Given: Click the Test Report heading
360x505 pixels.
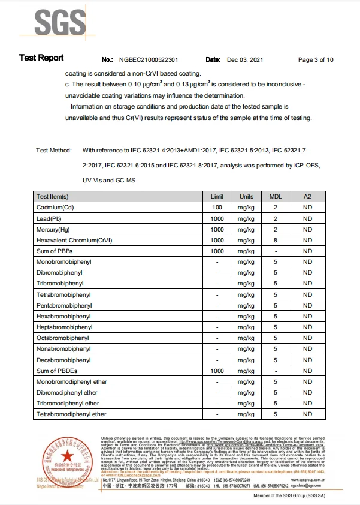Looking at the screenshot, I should (41, 58).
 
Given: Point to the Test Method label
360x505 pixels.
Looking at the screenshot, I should (54, 150).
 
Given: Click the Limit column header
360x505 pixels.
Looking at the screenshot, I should (217, 196).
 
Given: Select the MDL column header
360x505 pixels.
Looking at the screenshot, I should (276, 196).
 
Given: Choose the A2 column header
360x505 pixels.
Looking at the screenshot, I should (307, 196).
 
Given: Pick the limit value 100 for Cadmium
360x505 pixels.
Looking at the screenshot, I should (217, 207).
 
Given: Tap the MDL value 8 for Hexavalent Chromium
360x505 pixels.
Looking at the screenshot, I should (276, 240).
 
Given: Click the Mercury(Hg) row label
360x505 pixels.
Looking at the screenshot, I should (53, 229).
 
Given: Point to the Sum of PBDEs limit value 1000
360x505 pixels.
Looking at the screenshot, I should (217, 371).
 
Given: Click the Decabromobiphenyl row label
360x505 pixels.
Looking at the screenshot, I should (64, 360).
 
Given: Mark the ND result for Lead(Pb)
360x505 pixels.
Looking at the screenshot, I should (307, 218).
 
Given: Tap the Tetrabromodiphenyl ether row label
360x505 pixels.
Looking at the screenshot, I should (71, 414).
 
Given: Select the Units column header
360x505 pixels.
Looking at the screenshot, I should (246, 196).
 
